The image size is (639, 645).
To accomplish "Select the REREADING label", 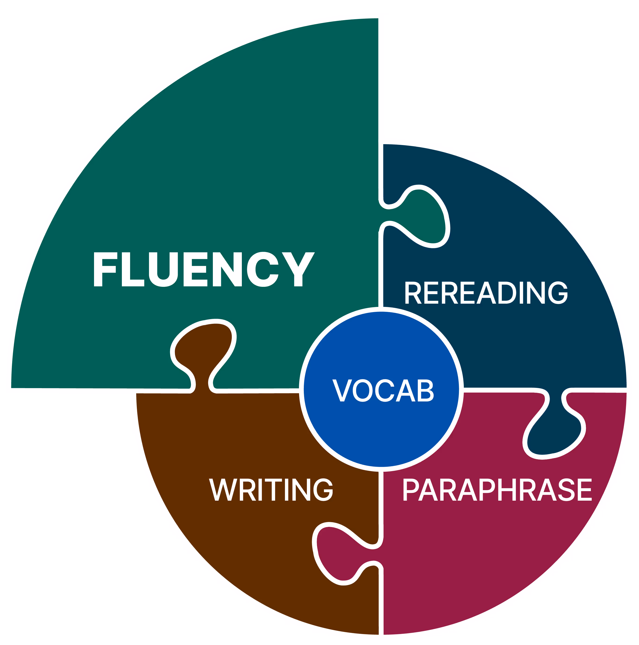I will [486, 293].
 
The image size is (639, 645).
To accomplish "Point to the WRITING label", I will [271, 490].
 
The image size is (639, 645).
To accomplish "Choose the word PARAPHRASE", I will [497, 490].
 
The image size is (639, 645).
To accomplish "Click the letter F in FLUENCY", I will [105, 269].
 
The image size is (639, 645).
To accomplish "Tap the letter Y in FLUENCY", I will [298, 269].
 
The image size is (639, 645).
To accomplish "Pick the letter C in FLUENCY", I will [263, 269].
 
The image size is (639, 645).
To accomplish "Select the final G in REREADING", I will [558, 293].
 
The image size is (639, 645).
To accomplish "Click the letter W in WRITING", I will [223, 490].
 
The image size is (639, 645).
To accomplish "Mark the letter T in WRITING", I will [273, 490].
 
